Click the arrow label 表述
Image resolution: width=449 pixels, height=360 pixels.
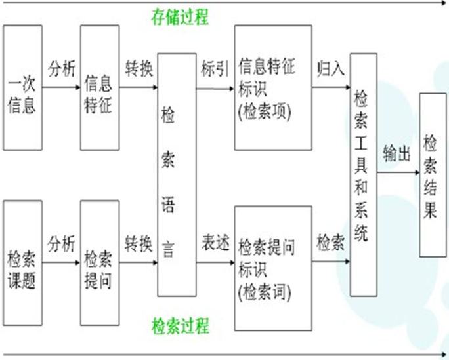pyautogui.click(x=214, y=244)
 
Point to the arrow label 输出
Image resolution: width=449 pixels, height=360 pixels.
pyautogui.click(x=397, y=153)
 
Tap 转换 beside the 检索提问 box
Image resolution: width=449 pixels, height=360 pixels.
pyautogui.click(x=139, y=244)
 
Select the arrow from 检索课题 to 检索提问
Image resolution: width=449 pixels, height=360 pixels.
pyautogui.click(x=62, y=264)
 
